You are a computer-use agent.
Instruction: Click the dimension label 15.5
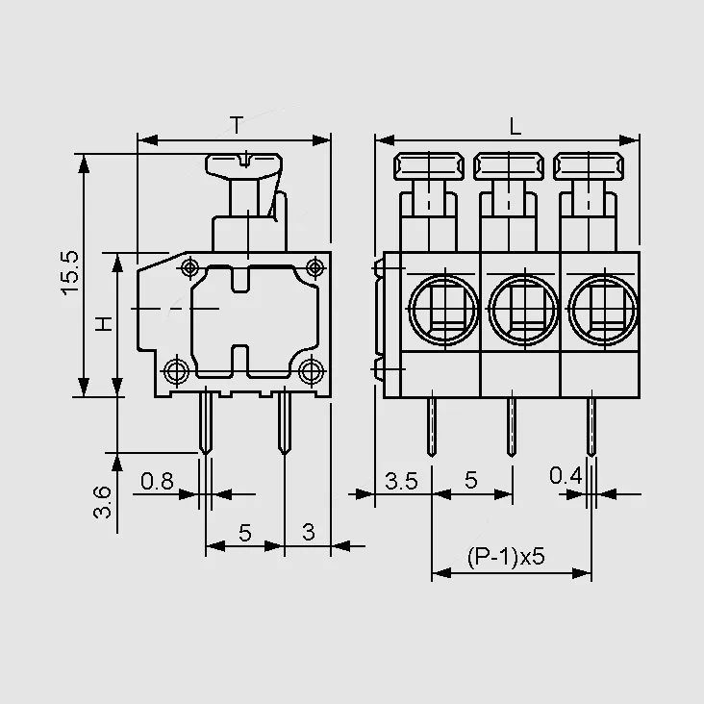(69, 272)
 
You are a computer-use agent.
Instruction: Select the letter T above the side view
(237, 125)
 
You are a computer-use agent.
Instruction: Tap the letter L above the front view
(515, 127)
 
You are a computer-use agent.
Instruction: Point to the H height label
(104, 324)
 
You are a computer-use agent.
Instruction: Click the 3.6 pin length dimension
(102, 501)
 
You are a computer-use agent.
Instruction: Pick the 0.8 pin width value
(157, 481)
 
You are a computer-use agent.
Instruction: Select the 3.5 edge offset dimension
(401, 481)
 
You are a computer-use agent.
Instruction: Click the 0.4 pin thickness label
(566, 475)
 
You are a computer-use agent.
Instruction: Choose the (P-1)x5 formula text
(506, 557)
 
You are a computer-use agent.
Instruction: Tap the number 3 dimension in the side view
(309, 533)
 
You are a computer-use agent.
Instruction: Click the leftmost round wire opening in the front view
(443, 310)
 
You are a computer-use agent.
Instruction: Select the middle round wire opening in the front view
(523, 310)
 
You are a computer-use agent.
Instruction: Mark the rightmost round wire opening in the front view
(603, 310)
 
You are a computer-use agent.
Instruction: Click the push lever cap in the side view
(243, 166)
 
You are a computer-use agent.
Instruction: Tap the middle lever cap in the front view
(509, 166)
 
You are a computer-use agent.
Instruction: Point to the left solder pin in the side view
(206, 421)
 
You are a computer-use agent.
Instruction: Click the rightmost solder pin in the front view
(591, 427)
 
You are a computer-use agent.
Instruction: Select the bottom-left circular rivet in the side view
(177, 371)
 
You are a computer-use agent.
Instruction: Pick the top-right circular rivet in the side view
(315, 267)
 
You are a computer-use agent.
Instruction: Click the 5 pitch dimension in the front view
(471, 481)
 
